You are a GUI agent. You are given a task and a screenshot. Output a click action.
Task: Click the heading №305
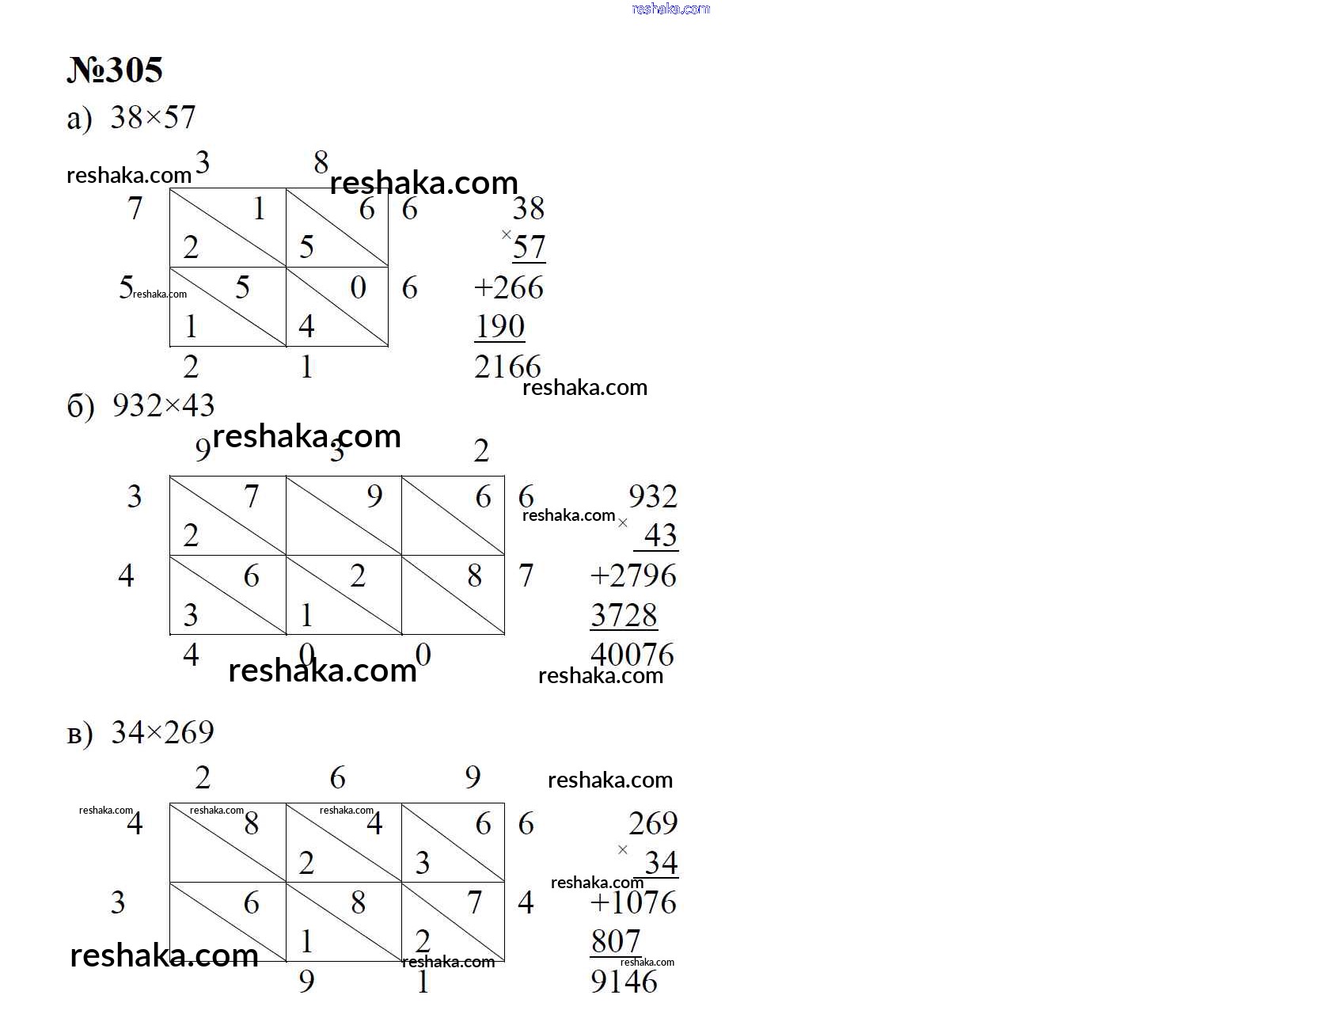pos(115,70)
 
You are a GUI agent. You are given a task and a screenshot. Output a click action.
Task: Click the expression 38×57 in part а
pos(153,117)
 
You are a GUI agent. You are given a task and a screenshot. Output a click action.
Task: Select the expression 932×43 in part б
pos(163,405)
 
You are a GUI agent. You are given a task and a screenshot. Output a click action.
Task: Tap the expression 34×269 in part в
pos(162,732)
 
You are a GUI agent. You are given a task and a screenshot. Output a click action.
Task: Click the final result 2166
pos(507,366)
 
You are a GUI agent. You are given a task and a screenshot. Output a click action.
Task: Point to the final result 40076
pos(632,655)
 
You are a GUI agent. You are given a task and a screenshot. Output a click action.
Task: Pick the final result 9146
pos(624,982)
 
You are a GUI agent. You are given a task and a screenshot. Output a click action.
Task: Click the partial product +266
pos(508,287)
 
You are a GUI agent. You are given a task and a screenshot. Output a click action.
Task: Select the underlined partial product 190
pos(499,327)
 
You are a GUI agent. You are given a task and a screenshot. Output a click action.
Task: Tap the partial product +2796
pos(633,575)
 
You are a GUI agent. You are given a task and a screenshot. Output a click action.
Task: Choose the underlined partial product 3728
pos(624,615)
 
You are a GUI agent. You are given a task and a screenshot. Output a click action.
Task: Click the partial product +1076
pos(633,902)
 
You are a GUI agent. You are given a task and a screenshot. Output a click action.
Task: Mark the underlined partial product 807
pos(616,942)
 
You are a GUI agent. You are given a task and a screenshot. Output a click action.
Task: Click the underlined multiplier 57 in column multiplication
pos(530,248)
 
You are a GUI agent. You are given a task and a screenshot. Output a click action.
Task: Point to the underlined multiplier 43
pos(660,536)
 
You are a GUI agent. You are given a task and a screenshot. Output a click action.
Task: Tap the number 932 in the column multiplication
pos(653,496)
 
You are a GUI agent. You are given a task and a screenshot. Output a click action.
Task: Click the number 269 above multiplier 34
pos(653,823)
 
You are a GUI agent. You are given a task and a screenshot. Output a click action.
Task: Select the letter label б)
pos(81,407)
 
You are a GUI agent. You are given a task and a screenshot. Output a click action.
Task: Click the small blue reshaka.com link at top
pos(671,9)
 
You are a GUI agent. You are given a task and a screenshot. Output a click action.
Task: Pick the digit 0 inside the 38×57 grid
pos(359,287)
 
